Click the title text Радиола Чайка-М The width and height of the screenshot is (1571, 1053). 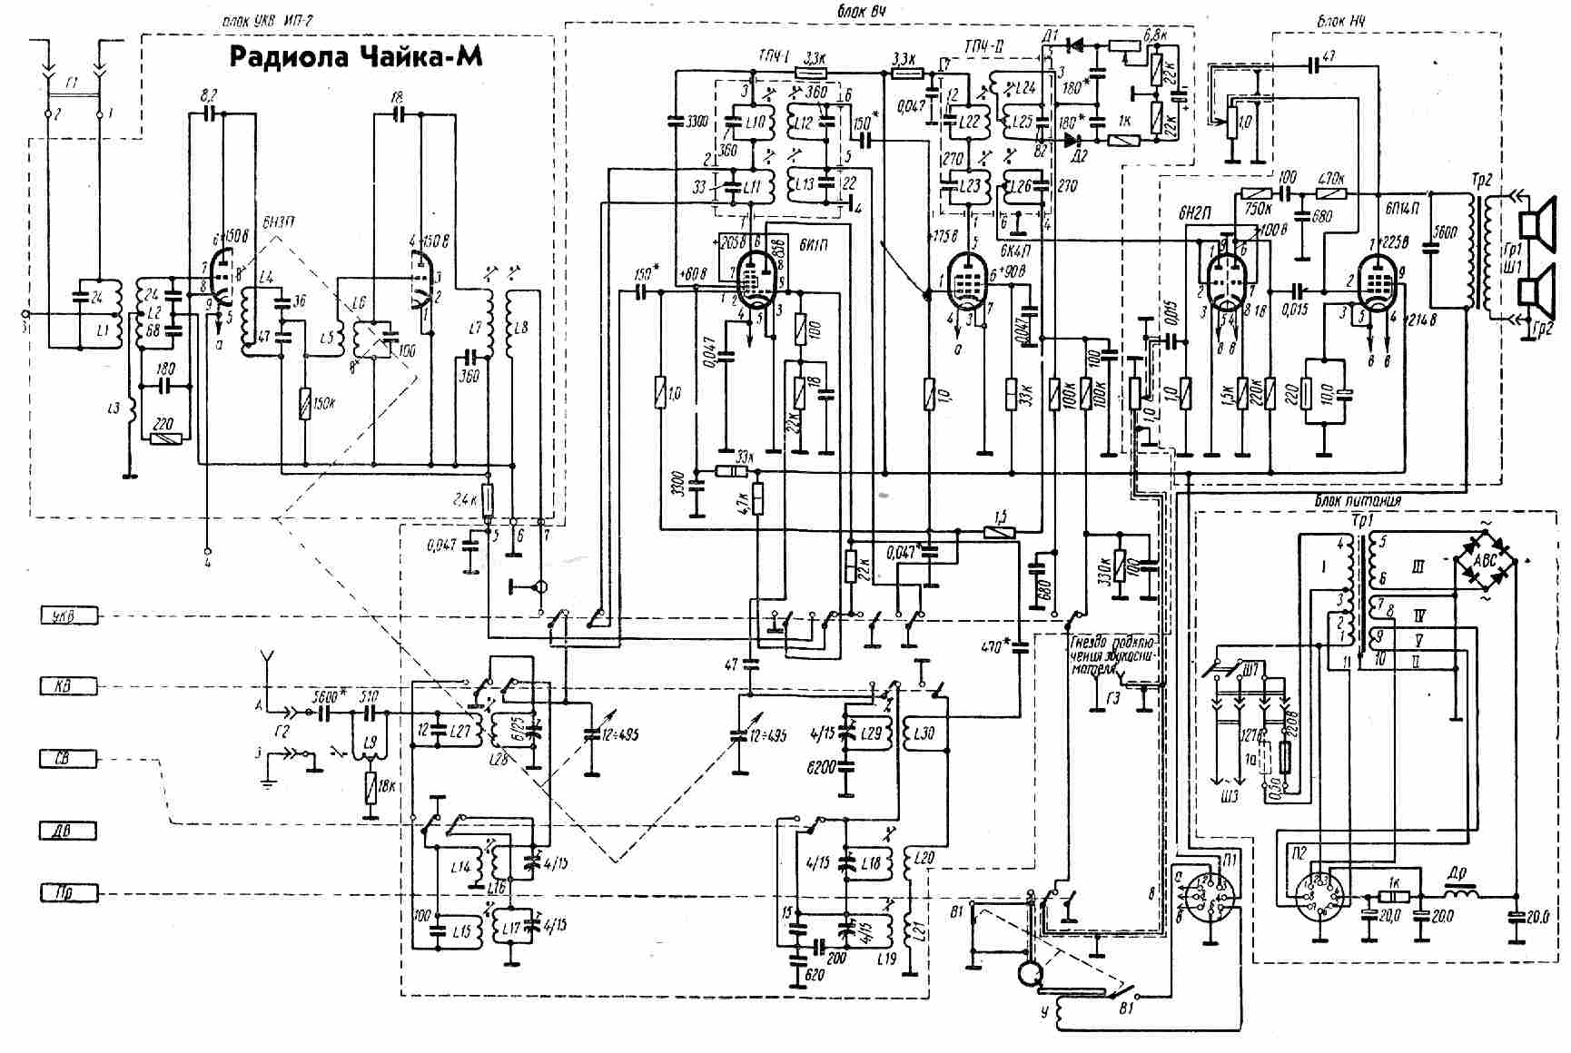(x=355, y=57)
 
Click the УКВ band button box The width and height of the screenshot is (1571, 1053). (x=68, y=617)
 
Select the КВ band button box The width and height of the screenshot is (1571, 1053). (x=68, y=687)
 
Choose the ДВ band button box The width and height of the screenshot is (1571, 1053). (x=68, y=829)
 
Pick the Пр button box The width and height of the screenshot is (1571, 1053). (x=68, y=893)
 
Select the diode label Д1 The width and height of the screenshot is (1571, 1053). (x=1052, y=36)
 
